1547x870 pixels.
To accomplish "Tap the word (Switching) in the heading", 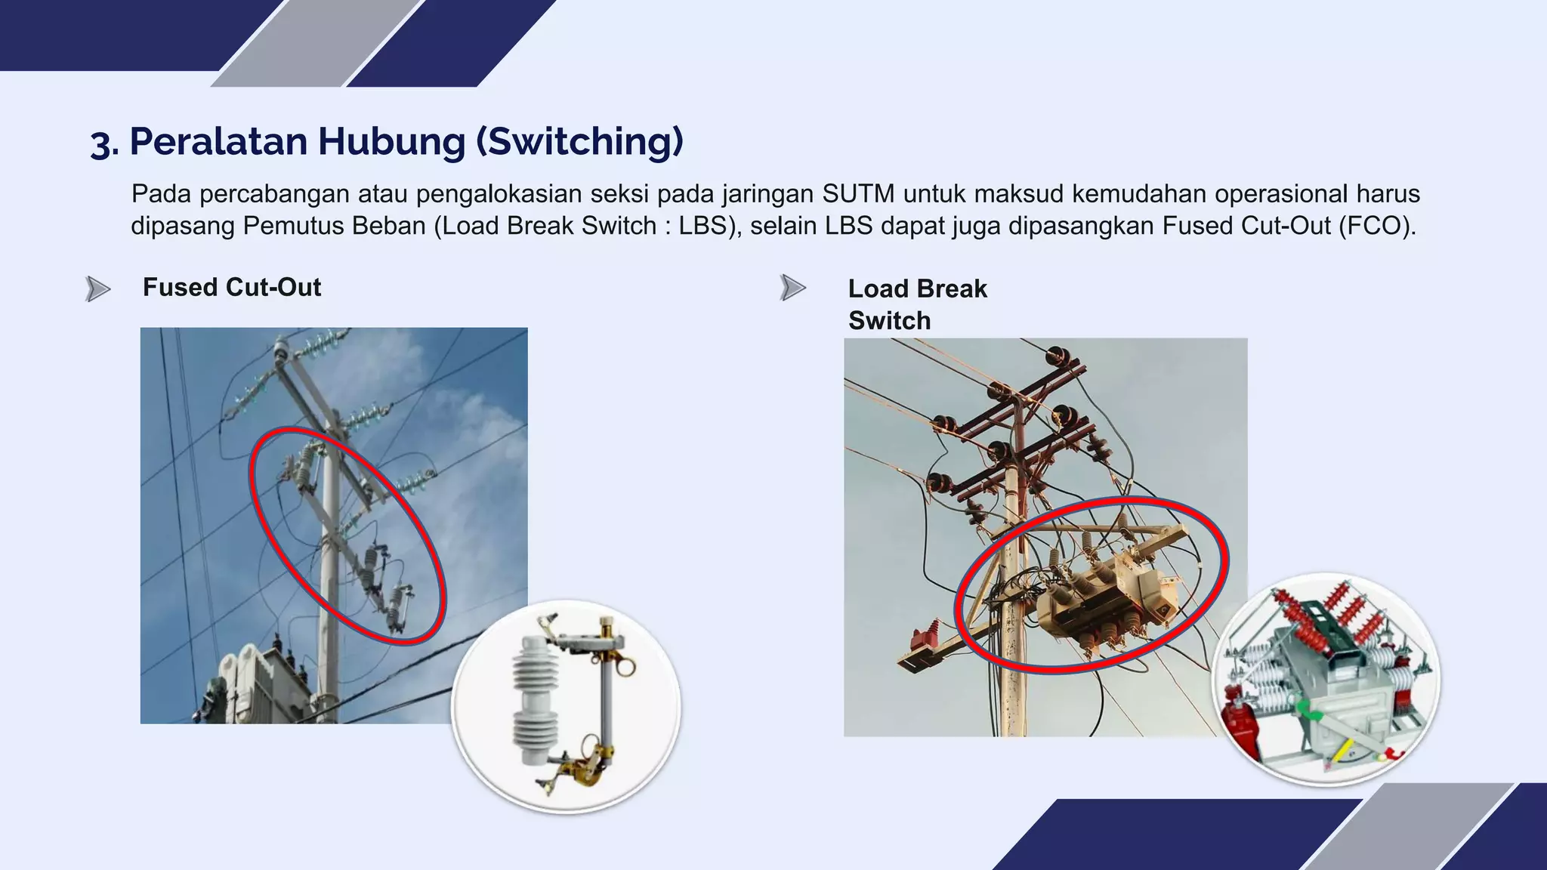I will (580, 141).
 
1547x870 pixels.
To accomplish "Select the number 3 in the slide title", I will (100, 143).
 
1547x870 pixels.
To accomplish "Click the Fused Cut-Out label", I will (232, 287).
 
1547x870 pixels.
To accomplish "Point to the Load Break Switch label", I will (917, 304).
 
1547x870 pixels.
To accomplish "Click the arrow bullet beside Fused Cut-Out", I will (98, 288).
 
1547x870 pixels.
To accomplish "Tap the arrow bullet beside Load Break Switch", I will (792, 288).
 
